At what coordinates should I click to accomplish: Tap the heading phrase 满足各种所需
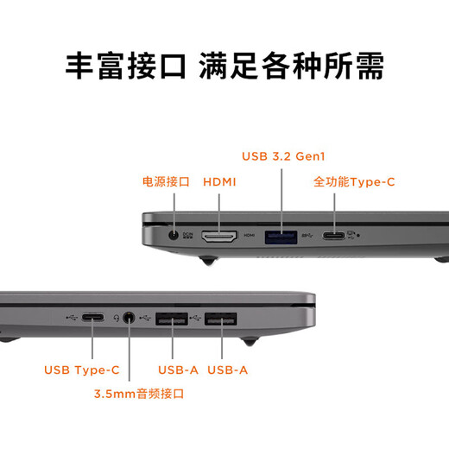point(291,66)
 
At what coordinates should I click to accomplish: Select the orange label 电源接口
point(166,182)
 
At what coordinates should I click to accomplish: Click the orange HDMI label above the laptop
point(219,182)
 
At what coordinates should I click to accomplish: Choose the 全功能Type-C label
point(354,182)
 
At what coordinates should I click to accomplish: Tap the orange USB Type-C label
point(82,370)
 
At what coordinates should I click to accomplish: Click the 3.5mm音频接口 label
point(139,394)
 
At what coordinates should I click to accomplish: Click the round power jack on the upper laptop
point(177,233)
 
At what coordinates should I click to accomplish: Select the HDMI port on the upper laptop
point(220,235)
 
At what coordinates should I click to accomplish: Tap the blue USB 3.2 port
point(281,235)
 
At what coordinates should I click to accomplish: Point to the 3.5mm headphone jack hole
point(130,318)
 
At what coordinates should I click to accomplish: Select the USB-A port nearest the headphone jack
point(173,319)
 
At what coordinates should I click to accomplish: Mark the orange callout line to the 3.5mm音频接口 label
point(130,358)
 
